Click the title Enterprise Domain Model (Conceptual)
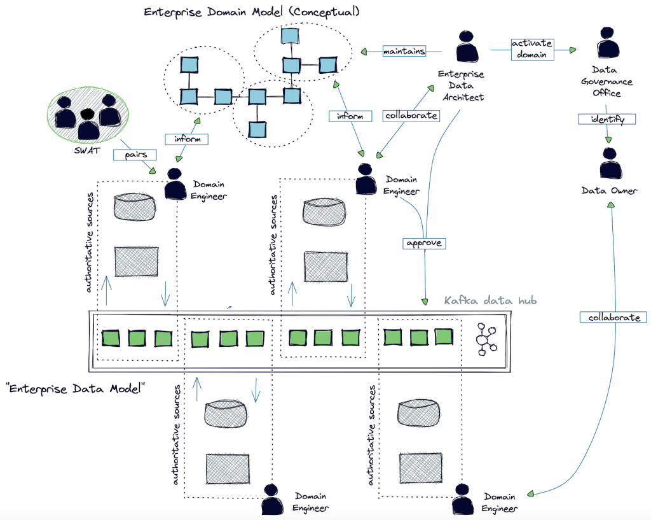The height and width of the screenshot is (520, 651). (x=252, y=12)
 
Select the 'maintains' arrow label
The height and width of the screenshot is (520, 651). (x=404, y=52)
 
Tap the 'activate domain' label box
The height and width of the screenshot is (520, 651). (x=531, y=50)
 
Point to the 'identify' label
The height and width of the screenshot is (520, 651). (x=607, y=119)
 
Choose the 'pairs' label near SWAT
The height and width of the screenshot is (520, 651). (x=131, y=155)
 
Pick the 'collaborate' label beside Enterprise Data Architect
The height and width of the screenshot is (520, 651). (x=411, y=116)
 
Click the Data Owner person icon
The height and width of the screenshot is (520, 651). (x=608, y=165)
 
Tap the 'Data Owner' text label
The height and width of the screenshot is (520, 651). (x=608, y=190)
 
